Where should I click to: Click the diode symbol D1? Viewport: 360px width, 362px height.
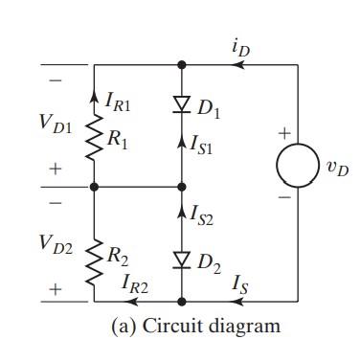[x=183, y=102]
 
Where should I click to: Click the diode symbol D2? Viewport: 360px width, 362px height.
[x=183, y=259]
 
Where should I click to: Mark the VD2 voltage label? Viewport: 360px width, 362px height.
[x=56, y=240]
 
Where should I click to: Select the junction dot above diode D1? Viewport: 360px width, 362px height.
[x=183, y=65]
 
